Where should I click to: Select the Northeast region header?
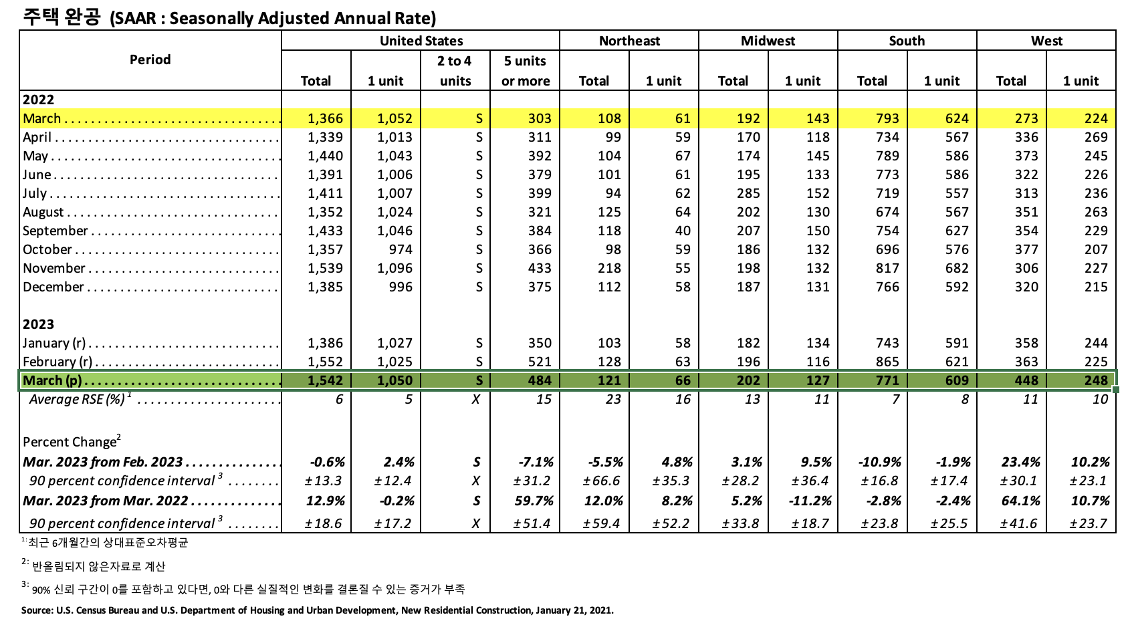click(x=629, y=41)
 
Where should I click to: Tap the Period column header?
click(x=150, y=59)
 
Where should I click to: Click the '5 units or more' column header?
click(x=526, y=71)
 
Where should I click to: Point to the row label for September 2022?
click(x=55, y=231)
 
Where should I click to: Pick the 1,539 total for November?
click(x=325, y=268)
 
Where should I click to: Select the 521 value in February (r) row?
click(x=539, y=362)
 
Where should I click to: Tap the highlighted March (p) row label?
click(x=52, y=380)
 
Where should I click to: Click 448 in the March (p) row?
click(x=1026, y=380)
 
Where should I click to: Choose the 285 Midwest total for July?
click(x=748, y=193)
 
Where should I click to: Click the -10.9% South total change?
click(x=879, y=462)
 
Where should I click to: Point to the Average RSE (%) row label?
click(x=77, y=399)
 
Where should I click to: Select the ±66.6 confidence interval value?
click(x=601, y=481)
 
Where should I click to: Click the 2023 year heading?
click(x=38, y=324)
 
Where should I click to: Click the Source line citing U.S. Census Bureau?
click(x=317, y=610)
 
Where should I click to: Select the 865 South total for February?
click(x=887, y=362)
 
